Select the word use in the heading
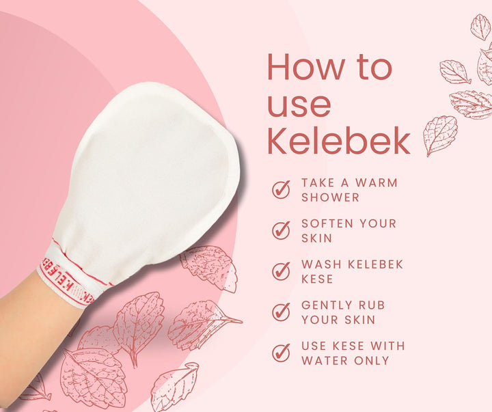[299, 104]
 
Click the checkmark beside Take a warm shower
[281, 189]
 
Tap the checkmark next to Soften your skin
[281, 230]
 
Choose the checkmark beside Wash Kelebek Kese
[281, 271]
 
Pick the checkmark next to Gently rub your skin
[281, 312]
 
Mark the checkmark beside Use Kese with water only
[281, 353]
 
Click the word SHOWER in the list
[330, 197]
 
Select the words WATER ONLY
[345, 360]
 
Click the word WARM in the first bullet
[378, 183]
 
